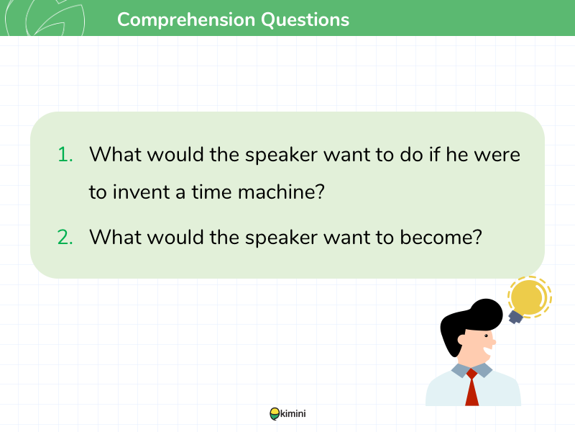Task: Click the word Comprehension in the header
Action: coord(186,20)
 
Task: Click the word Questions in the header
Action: coord(305,20)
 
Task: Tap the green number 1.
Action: coord(65,154)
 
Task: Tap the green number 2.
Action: coord(65,237)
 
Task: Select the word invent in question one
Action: coord(141,192)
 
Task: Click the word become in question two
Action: coord(441,237)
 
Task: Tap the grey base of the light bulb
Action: coord(515,317)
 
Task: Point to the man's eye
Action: coord(487,336)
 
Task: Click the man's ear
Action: coord(461,339)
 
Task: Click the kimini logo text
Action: coord(293,413)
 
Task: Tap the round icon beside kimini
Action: coord(275,414)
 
